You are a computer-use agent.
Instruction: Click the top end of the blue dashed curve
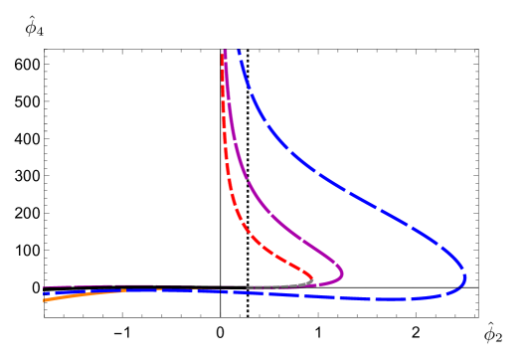click(x=239, y=51)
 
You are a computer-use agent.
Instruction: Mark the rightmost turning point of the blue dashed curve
click(x=465, y=277)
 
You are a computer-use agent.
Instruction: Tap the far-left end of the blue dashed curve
click(x=45, y=293)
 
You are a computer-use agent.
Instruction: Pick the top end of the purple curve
click(x=227, y=51)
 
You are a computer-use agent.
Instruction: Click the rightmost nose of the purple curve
click(x=342, y=270)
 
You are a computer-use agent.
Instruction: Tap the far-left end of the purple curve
click(x=45, y=287)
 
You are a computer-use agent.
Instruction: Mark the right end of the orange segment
click(x=124, y=290)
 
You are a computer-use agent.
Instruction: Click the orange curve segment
click(x=85, y=294)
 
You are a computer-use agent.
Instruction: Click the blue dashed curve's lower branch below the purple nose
click(x=342, y=295)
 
